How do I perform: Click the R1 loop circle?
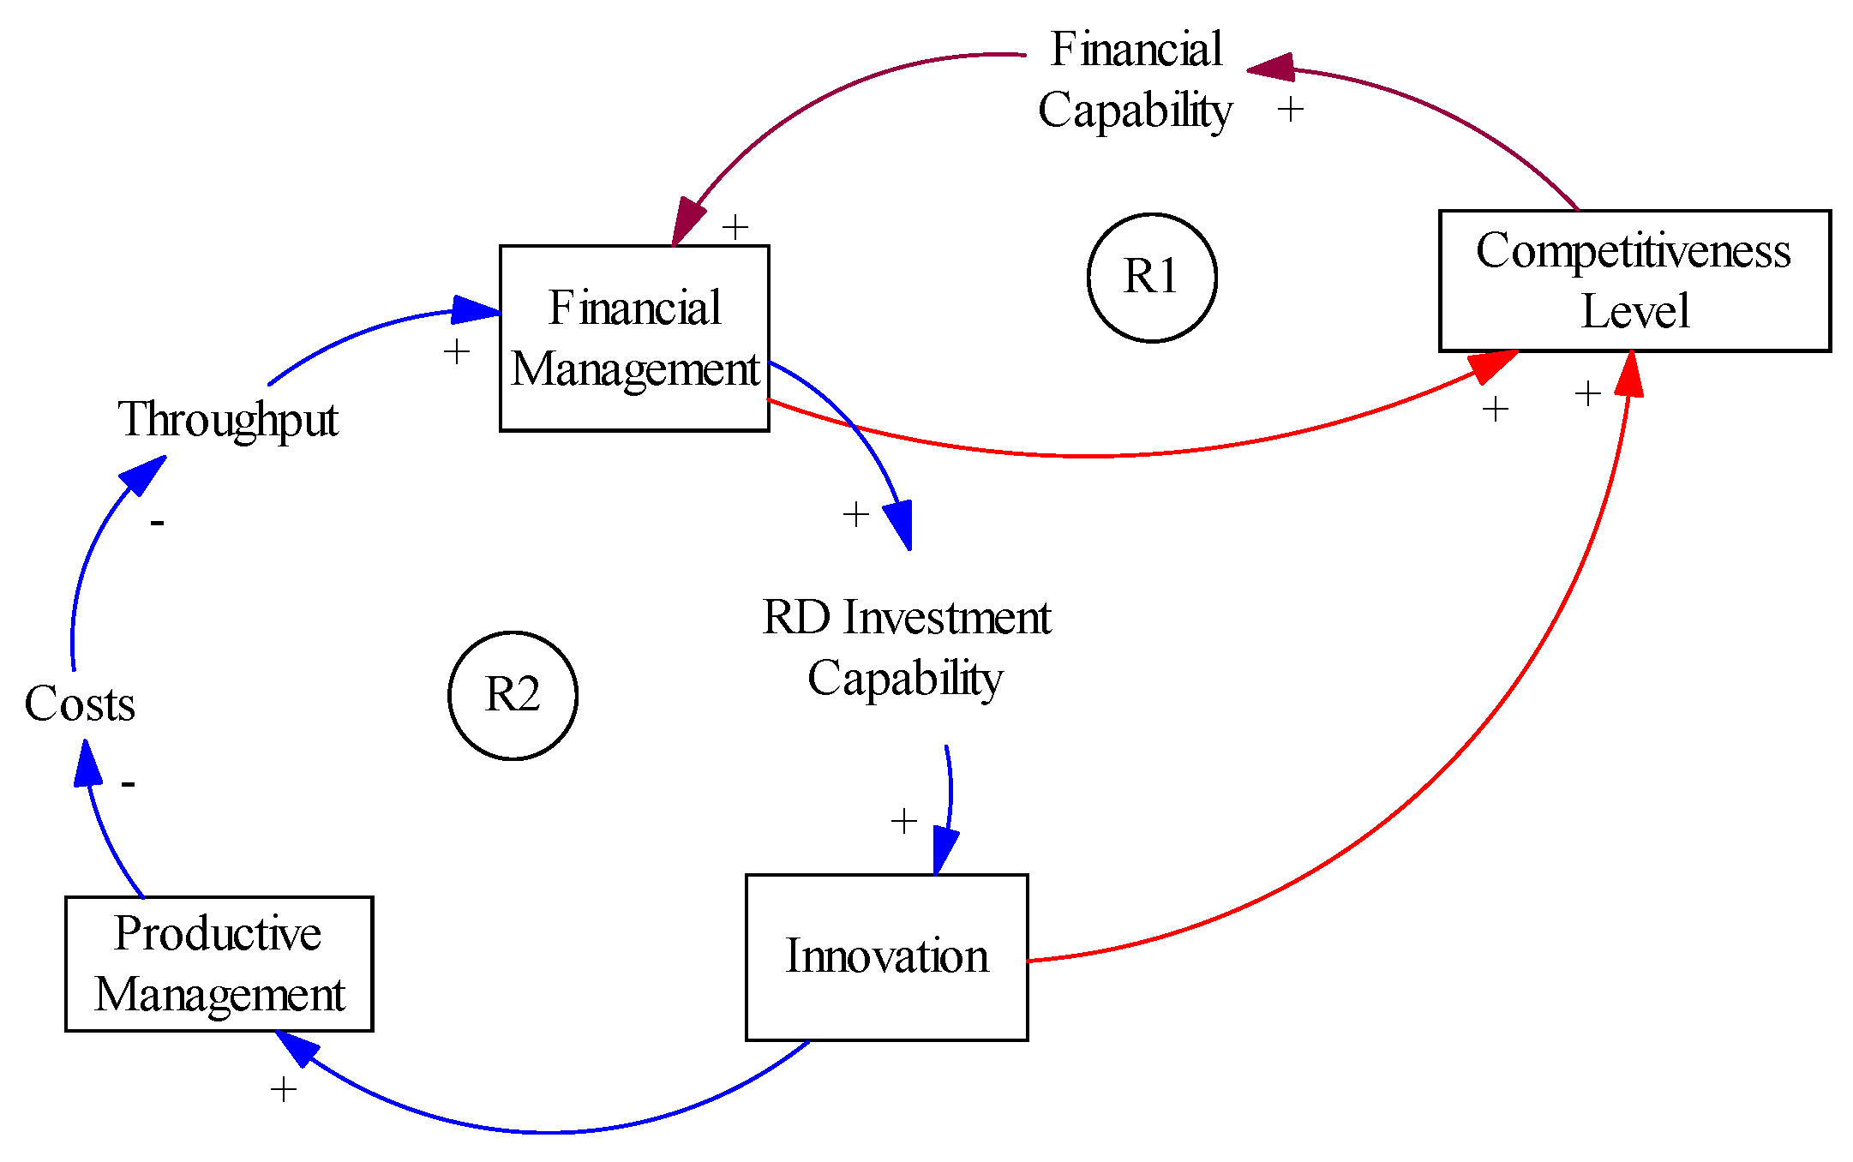pos(1151,277)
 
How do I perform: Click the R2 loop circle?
pos(513,695)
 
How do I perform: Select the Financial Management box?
pos(634,338)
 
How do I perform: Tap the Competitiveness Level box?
pos(1634,280)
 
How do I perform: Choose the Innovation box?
pos(886,956)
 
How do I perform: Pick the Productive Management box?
pos(219,963)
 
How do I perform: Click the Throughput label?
pos(227,419)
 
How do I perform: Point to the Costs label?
pos(79,704)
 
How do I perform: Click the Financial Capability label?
pos(1136,80)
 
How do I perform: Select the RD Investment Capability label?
pos(906,647)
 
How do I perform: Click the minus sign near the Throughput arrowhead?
pos(157,522)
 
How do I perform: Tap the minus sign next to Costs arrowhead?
pos(128,783)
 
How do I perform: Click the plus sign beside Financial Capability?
pos(1290,109)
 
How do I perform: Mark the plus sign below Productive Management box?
pos(283,1089)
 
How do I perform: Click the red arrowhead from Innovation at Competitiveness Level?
pos(1629,374)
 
